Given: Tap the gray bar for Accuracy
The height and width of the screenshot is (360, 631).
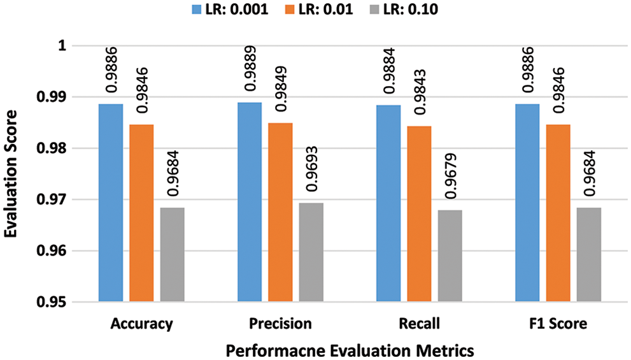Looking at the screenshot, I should point(172,254).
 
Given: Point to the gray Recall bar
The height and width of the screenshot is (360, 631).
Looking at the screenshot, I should point(450,256).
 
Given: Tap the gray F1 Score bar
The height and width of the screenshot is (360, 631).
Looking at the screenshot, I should point(588,254).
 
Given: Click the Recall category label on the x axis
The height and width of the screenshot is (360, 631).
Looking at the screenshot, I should point(420,324).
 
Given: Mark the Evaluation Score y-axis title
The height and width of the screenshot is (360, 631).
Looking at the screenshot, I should point(11,174).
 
